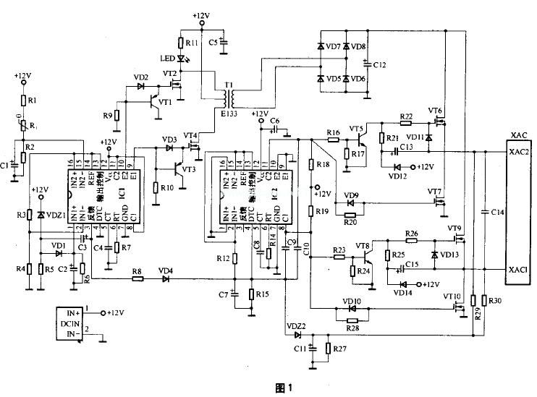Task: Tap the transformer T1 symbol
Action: (x=230, y=93)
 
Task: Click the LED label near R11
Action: (x=166, y=58)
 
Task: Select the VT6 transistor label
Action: (x=435, y=111)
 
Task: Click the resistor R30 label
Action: (x=495, y=300)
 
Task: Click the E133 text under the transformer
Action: (x=229, y=113)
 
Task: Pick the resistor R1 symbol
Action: (x=23, y=100)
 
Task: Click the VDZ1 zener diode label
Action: (x=55, y=215)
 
